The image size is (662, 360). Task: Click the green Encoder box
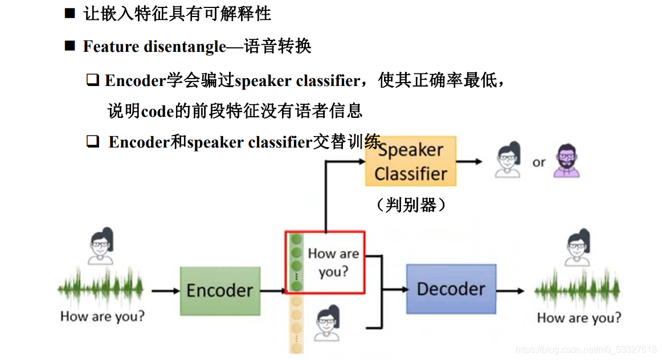[220, 291]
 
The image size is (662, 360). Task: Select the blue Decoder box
[451, 289]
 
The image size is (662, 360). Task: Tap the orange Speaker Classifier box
[411, 161]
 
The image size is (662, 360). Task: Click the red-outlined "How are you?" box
[324, 262]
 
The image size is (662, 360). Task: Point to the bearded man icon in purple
[566, 161]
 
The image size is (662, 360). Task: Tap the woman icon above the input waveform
[101, 247]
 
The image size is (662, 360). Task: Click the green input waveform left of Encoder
[101, 290]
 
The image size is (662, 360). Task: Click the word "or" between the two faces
[539, 163]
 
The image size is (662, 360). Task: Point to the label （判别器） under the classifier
[411, 204]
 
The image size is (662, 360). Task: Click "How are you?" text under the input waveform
[103, 316]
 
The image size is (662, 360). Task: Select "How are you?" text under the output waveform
[579, 317]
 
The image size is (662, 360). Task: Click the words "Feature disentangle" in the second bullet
[154, 47]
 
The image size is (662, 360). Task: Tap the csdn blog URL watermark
[586, 349]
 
